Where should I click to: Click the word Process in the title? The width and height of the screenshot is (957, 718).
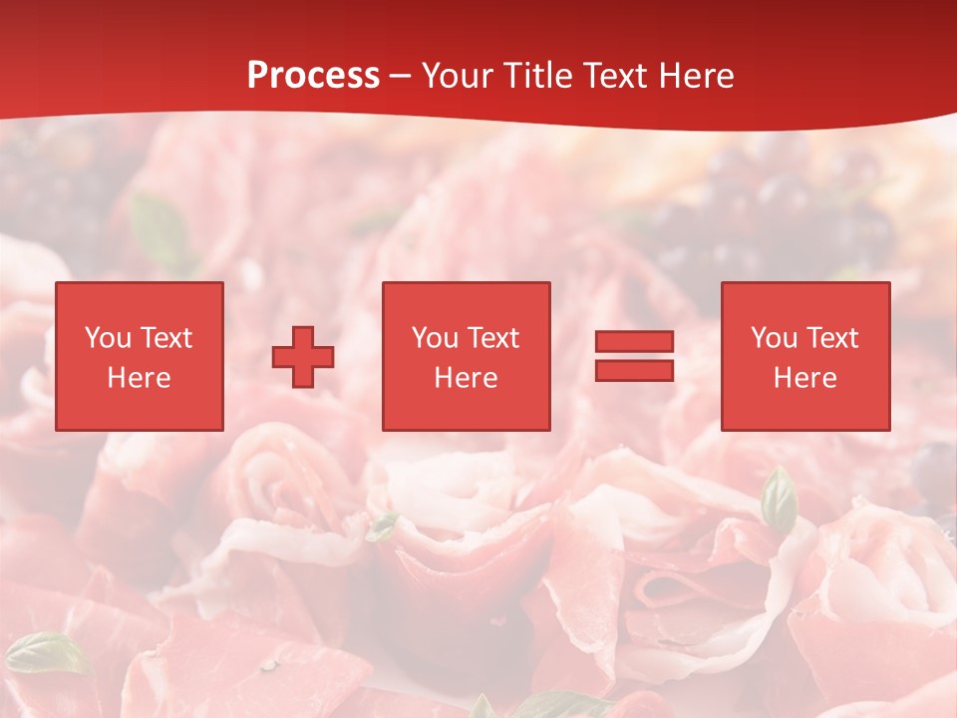pos(313,76)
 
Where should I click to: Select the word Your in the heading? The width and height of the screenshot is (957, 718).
pos(458,76)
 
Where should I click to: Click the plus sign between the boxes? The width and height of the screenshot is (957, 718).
pos(303,357)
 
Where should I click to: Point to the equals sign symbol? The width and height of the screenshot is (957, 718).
pos(634,356)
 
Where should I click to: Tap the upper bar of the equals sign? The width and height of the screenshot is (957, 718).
pos(634,342)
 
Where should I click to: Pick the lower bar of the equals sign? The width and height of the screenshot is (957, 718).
pos(634,370)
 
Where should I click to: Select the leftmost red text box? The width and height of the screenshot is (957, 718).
pos(139,356)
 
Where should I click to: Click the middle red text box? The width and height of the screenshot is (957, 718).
pos(466,356)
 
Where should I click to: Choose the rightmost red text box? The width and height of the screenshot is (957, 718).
pos(804,356)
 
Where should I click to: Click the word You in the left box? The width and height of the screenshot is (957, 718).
pos(108,338)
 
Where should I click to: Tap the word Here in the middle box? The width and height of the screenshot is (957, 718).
pos(466,378)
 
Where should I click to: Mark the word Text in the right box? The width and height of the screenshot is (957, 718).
pos(832,338)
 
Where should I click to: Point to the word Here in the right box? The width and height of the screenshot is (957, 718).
pos(804,378)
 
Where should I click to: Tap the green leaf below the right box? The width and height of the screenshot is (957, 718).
pos(779,501)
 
